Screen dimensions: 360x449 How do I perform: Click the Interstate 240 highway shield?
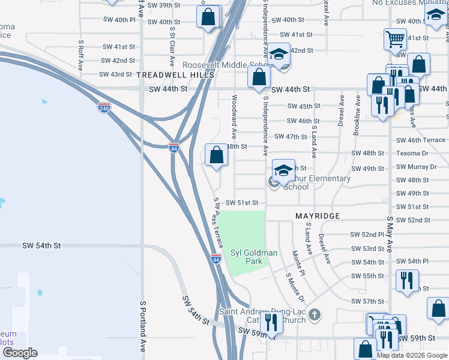click(x=104, y=108)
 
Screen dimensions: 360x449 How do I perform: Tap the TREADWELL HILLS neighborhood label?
click(x=175, y=75)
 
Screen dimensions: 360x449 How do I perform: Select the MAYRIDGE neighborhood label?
click(x=318, y=215)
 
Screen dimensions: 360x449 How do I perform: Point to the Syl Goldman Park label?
click(x=254, y=257)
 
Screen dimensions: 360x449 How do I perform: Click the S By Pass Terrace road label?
click(x=218, y=222)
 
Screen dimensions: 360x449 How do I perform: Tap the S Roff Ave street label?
click(x=80, y=56)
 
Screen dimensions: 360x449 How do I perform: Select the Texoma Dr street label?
click(x=412, y=153)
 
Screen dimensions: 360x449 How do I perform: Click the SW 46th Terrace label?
click(x=420, y=140)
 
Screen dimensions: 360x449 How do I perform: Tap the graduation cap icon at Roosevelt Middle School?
click(x=279, y=55)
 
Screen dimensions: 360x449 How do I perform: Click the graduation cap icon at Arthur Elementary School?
click(x=283, y=170)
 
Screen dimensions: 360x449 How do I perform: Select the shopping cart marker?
click(x=395, y=39)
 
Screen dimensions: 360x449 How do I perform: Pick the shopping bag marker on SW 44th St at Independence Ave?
click(x=259, y=77)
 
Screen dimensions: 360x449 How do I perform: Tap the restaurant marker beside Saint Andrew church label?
click(x=273, y=323)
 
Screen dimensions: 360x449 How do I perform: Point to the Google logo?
click(x=20, y=353)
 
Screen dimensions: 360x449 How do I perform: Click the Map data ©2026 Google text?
click(x=411, y=355)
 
